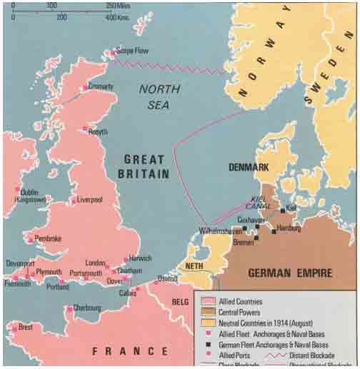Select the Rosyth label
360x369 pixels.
click(x=98, y=131)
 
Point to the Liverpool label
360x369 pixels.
click(x=88, y=200)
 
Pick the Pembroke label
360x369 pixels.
click(x=48, y=238)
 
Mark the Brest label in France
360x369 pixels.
click(x=25, y=328)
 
